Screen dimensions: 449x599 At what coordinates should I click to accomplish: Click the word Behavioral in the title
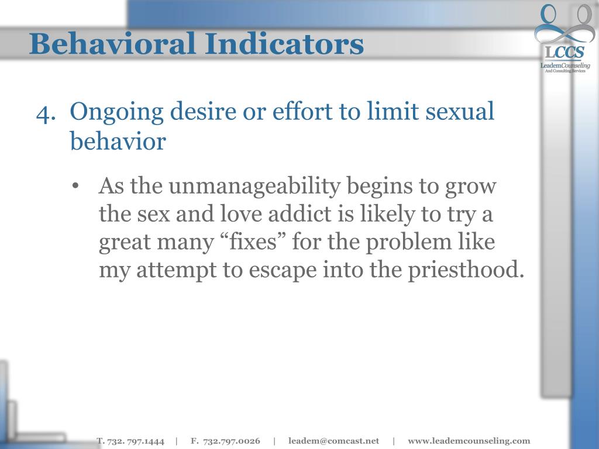point(108,44)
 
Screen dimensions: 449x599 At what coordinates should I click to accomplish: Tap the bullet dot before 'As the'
point(76,187)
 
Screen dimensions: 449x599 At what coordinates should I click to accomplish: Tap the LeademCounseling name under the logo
point(564,66)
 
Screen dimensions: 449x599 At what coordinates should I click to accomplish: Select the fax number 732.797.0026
point(232,441)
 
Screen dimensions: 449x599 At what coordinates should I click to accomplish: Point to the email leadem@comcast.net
point(333,441)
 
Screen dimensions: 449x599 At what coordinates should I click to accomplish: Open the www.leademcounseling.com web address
point(469,441)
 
